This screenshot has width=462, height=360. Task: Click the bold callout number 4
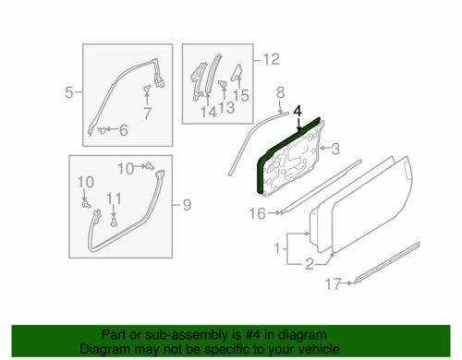pos(298,112)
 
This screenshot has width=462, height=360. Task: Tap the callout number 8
pos(280,92)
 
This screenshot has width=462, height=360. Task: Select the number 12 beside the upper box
pos(271,59)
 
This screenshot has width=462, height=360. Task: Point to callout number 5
pos(69,92)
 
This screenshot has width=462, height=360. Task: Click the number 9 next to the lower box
pos(187,205)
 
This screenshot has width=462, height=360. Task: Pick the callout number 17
pos(334,283)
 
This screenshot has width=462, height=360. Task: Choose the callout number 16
pos(257,213)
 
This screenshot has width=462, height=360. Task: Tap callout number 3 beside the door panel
pos(335,149)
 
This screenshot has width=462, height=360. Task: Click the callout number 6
pos(124,130)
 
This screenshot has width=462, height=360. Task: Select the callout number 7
pos(147,114)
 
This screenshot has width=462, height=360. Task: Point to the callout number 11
pos(114,198)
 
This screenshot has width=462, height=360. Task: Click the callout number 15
pos(241,95)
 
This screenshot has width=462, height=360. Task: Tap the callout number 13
pos(226,107)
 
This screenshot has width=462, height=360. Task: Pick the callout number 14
pos(209,113)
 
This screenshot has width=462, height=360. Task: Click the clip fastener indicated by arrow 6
pos(102,130)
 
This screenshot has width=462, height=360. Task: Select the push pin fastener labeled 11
pos(114,222)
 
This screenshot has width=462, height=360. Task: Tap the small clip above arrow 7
pos(147,90)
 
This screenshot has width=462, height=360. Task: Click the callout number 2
pos(310,264)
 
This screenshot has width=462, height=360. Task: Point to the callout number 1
pos(277,248)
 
